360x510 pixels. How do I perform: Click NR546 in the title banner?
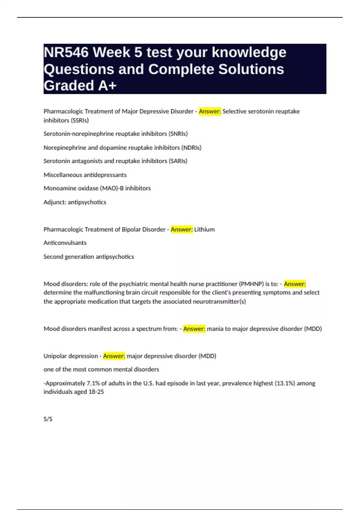click(x=66, y=52)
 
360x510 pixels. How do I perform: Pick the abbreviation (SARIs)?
click(x=178, y=161)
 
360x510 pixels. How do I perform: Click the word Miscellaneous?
click(x=63, y=175)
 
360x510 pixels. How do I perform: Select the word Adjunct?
click(x=55, y=202)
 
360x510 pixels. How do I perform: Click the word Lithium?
click(x=205, y=229)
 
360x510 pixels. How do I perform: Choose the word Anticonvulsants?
click(x=65, y=243)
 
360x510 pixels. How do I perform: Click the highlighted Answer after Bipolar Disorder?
click(x=182, y=229)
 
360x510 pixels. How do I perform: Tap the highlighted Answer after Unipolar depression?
click(x=114, y=356)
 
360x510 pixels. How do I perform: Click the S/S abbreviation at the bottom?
click(x=48, y=419)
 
